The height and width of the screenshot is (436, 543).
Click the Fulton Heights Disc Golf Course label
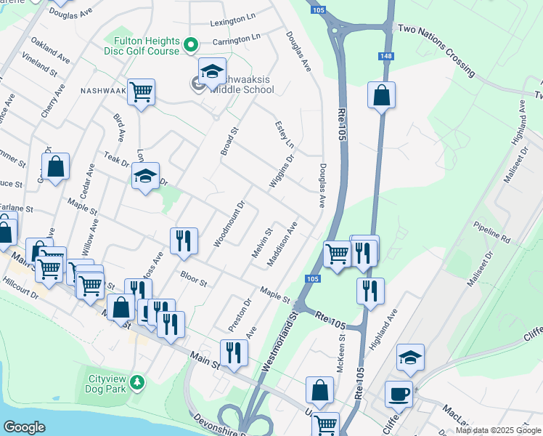tap(144, 45)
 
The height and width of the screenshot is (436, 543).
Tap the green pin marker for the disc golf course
tap(191, 44)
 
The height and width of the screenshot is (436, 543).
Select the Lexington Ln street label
tap(234, 23)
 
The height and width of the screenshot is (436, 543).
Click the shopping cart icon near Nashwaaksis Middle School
tap(141, 92)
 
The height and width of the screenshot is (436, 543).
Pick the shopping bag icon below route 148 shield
tap(381, 95)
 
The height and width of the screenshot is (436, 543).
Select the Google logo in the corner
tap(24, 427)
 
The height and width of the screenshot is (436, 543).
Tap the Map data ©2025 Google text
tap(498, 430)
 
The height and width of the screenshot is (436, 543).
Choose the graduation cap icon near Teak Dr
tap(145, 176)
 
